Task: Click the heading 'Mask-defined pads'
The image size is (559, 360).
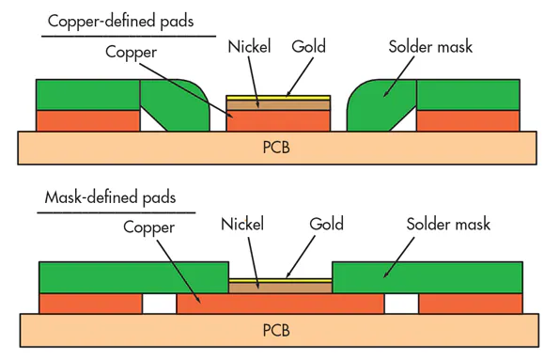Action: (x=110, y=198)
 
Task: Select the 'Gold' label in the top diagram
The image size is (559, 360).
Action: (x=309, y=46)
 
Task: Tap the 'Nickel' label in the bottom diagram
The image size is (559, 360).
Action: (x=242, y=225)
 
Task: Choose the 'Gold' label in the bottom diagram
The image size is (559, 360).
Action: (x=327, y=225)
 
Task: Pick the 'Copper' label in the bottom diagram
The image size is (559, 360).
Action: (x=149, y=227)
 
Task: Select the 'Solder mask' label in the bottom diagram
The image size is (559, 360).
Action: (x=448, y=225)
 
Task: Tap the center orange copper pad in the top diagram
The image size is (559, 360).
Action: (x=279, y=121)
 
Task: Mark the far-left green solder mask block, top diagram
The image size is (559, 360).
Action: (x=87, y=95)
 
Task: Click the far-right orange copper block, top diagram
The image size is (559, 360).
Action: (x=468, y=120)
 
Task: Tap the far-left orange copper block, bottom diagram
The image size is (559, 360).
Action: (x=90, y=303)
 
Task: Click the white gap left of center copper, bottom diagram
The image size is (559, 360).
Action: (x=160, y=303)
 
